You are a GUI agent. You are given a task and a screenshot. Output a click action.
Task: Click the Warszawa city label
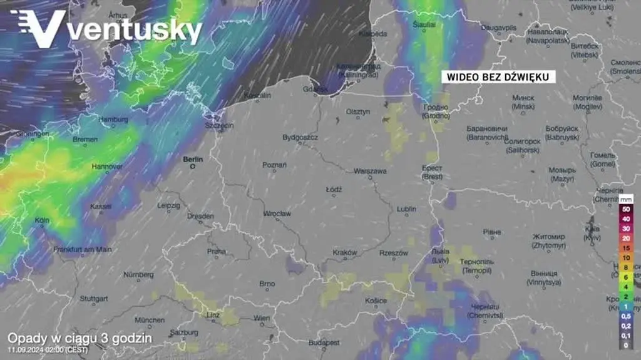tap(370, 171)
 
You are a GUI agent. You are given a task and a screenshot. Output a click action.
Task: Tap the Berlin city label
tap(193, 160)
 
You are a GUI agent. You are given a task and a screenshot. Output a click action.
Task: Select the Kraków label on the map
tap(344, 253)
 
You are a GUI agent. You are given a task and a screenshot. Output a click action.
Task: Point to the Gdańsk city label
tap(311, 90)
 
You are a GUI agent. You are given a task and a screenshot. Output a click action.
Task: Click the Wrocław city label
tap(277, 213)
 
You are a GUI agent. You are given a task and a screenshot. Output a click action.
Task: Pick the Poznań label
tap(274, 165)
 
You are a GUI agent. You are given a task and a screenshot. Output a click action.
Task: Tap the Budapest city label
tap(324, 342)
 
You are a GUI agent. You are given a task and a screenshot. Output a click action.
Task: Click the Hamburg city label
tap(113, 120)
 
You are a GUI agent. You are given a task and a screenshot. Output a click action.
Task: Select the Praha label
tap(216, 251)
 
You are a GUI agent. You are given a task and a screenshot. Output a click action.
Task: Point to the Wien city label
tap(262, 318)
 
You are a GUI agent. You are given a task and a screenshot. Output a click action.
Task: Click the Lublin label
tap(406, 208)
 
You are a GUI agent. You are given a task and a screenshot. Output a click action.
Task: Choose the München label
tap(150, 319)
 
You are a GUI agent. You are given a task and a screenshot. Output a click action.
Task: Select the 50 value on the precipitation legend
tap(626, 208)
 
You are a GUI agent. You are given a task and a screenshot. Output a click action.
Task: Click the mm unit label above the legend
tap(626, 198)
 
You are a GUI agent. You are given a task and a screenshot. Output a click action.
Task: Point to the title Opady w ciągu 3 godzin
tap(79, 337)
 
